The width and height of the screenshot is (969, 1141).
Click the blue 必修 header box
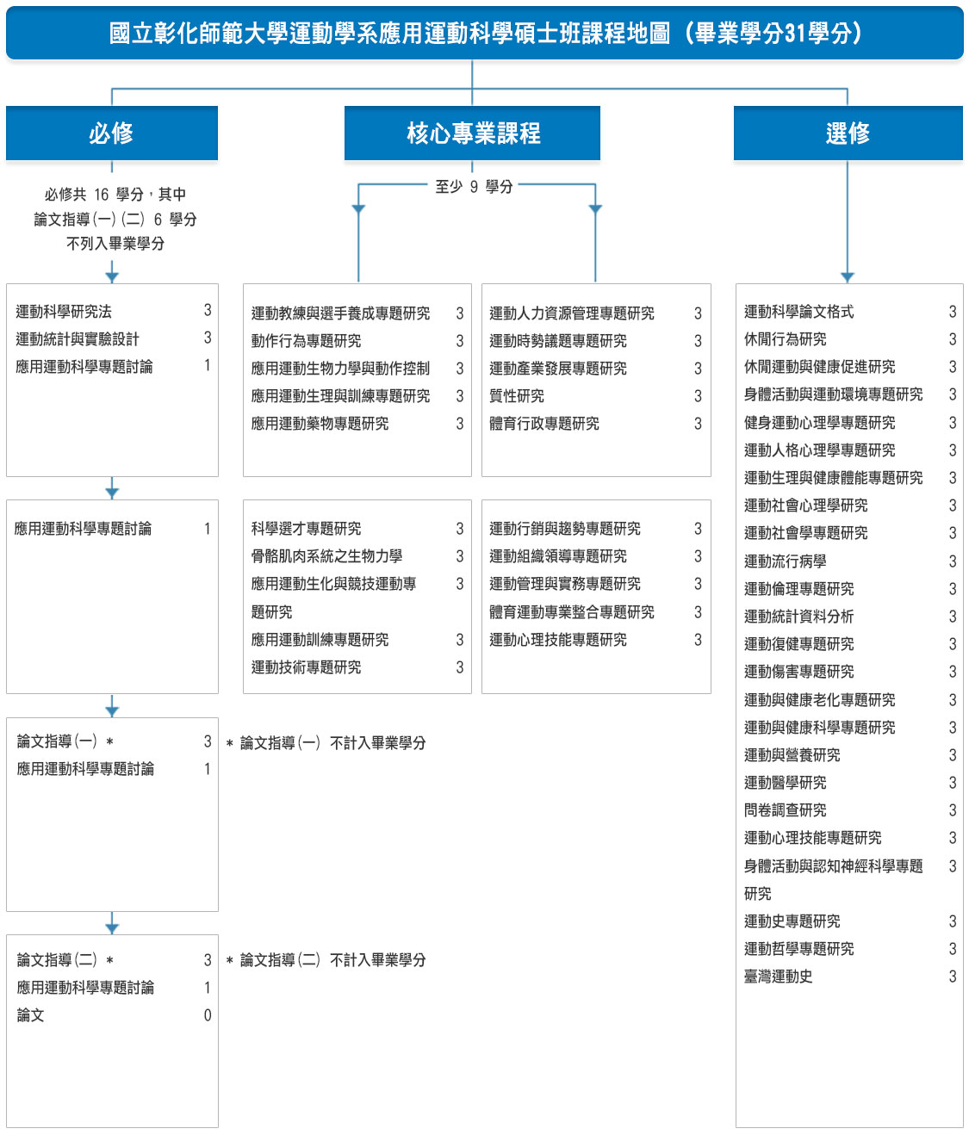[111, 133]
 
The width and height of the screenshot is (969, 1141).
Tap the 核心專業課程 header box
[472, 133]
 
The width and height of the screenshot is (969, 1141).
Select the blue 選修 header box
[848, 133]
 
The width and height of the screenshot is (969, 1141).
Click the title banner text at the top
[484, 34]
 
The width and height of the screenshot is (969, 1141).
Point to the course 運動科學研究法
[64, 312]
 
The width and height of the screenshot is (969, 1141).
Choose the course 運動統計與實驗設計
[78, 339]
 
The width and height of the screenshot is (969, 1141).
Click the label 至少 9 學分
[474, 187]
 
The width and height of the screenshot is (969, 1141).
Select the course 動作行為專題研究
[306, 341]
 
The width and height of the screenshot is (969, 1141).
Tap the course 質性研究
[517, 396]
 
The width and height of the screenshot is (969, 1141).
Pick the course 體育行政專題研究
[544, 424]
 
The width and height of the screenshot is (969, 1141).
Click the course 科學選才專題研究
[306, 529]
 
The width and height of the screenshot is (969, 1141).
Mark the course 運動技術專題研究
[306, 667]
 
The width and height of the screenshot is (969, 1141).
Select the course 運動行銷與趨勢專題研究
[565, 529]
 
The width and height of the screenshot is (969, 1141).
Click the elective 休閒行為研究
[785, 339]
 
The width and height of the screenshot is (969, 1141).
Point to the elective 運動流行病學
[785, 561]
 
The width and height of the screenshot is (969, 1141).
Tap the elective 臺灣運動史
[778, 977]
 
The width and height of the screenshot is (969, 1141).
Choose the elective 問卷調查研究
[785, 810]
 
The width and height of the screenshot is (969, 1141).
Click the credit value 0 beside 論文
[208, 1015]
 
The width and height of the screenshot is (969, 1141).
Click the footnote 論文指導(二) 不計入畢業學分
[332, 960]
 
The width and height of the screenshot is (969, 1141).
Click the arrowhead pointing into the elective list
[848, 277]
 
